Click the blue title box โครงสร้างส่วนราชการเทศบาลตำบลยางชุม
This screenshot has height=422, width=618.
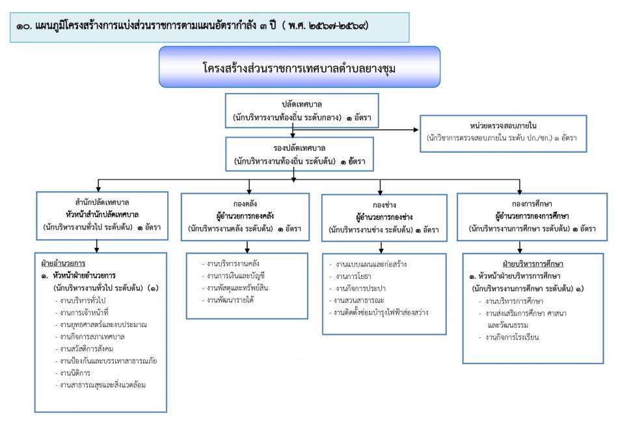(x=299, y=67)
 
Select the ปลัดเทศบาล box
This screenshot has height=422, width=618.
(x=299, y=111)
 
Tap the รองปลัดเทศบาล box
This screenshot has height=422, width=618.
(x=299, y=153)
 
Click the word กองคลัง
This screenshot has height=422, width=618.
(x=238, y=202)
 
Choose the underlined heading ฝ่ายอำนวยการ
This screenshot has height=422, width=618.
(x=63, y=264)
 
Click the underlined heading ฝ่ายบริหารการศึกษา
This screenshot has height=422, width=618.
(x=532, y=264)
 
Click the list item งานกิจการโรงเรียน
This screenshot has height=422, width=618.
(x=513, y=337)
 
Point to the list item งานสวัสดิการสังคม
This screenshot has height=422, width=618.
(x=84, y=349)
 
